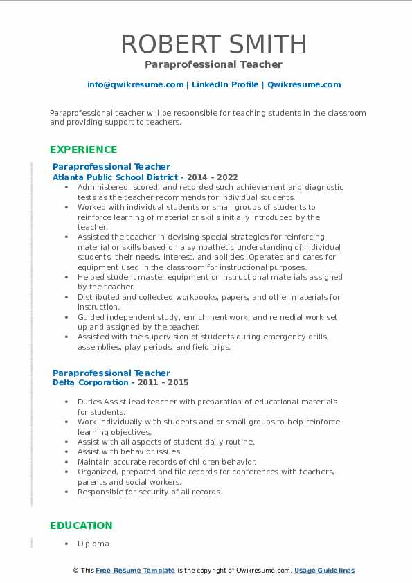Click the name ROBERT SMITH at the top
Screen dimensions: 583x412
pos(213,44)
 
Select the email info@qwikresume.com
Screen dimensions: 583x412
pos(135,84)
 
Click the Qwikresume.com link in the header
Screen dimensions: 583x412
pos(304,84)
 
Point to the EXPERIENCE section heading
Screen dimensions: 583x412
pos(83,150)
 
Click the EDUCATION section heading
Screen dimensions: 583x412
pos(81,526)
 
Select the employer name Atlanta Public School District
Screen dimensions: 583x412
pos(115,177)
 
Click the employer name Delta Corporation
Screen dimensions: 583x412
pos(90,382)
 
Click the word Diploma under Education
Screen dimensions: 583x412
pos(93,544)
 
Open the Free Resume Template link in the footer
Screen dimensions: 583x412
pos(135,571)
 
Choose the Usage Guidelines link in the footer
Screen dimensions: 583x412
pos(324,571)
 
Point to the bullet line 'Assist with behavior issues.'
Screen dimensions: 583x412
pos(120,451)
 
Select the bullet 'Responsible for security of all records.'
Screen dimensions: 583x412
pos(149,492)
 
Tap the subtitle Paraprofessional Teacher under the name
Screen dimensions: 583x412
pos(213,64)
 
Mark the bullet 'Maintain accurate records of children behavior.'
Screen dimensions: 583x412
pos(166,462)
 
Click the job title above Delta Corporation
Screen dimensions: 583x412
pos(111,373)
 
